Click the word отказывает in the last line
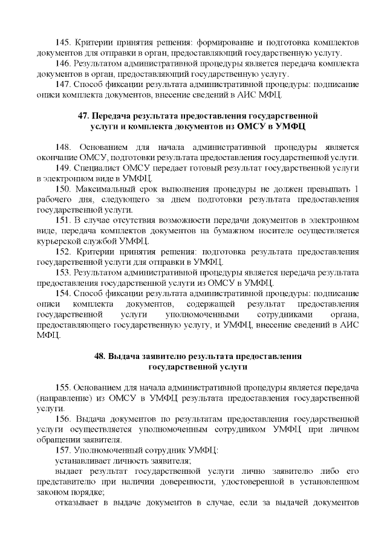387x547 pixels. (x=75, y=503)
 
